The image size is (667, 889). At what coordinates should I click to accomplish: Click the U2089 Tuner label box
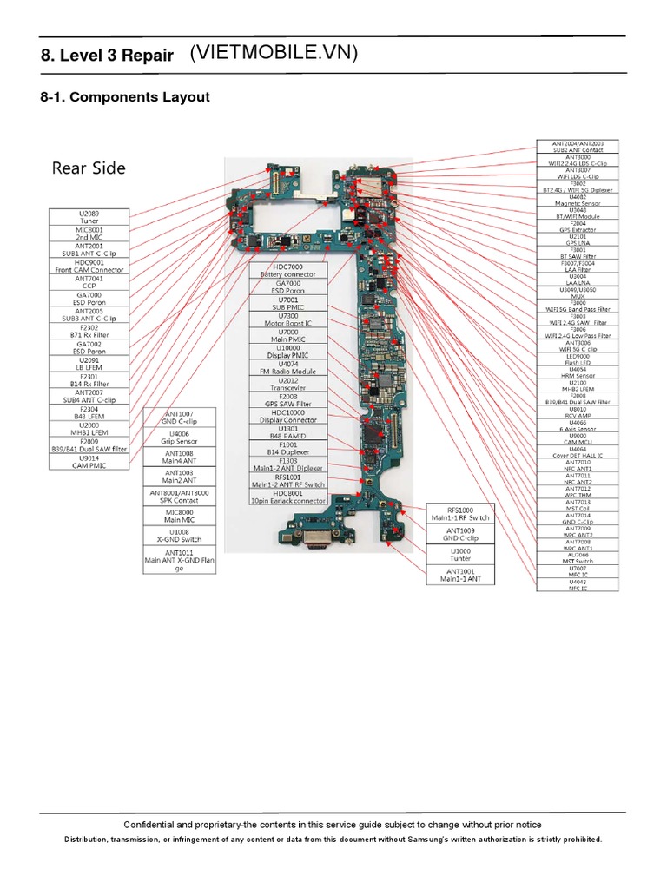89,217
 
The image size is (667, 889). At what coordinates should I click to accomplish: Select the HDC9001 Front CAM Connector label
89,266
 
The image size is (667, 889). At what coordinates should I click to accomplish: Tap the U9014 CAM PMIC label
89,462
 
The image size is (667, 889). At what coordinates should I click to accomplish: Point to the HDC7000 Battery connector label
288,270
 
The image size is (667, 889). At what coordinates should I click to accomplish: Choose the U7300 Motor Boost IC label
288,319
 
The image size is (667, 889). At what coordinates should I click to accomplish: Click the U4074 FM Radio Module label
288,368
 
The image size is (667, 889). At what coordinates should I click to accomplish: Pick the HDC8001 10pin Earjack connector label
288,497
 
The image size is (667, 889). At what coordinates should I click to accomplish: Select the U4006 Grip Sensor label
179,437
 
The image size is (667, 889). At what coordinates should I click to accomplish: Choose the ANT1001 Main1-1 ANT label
460,575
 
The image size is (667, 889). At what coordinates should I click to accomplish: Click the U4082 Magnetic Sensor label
577,200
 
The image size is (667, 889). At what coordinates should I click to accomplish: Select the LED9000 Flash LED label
577,359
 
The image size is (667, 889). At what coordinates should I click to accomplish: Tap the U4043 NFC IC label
577,585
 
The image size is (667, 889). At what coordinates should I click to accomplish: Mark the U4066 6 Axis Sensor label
577,425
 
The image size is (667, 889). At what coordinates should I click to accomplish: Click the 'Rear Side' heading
89,168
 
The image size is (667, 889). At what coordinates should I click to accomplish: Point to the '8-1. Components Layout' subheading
125,97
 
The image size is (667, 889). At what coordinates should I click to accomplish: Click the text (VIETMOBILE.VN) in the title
274,54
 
